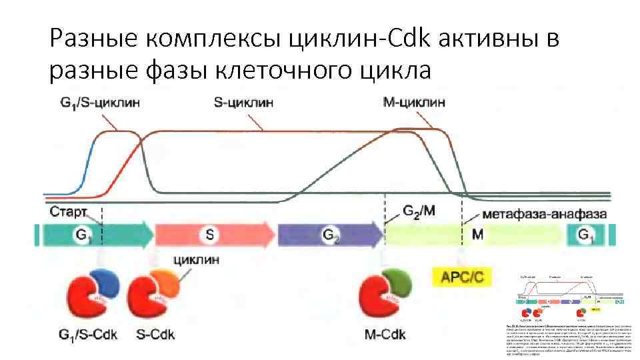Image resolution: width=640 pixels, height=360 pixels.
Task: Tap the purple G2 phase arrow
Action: pyautogui.click(x=330, y=235)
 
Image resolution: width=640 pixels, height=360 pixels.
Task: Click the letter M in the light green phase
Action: pyautogui.click(x=477, y=235)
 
